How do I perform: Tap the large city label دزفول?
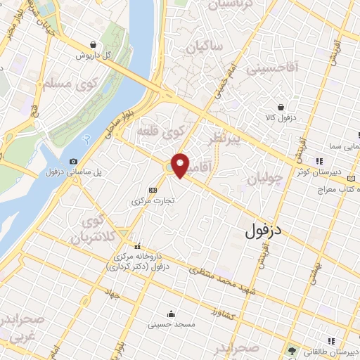click(x=265, y=230)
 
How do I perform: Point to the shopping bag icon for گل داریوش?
click(x=94, y=44)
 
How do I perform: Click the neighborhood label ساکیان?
click(x=205, y=47)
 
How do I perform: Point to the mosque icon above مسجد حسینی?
click(x=170, y=314)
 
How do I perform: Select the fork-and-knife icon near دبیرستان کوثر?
click(x=319, y=160)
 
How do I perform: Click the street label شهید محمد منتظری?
click(x=223, y=278)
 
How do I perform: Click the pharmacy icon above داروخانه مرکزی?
click(x=139, y=246)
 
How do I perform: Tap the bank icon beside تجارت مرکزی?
click(x=153, y=189)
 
